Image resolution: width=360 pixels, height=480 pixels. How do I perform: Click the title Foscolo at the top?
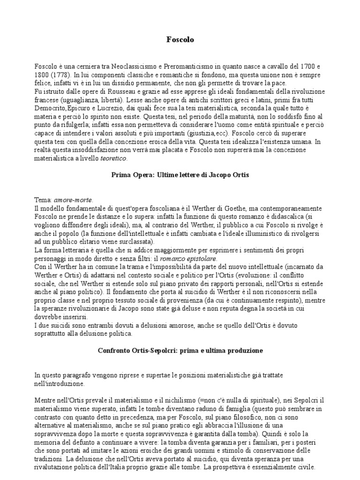pos(180,40)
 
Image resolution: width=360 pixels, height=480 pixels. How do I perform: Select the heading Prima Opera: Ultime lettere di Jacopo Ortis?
pos(180,175)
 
